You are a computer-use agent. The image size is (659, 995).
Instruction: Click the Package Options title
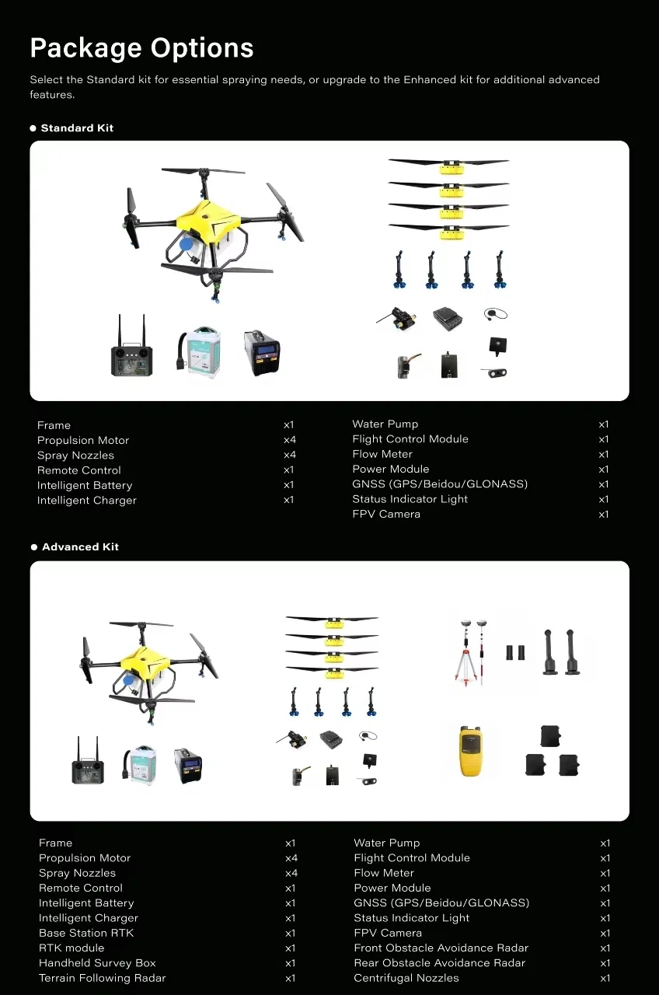[x=141, y=48]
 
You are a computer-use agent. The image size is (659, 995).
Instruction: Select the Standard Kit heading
[x=77, y=128]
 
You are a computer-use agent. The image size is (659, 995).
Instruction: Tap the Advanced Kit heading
[x=80, y=547]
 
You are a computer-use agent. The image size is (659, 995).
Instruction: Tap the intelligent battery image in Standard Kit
[x=200, y=352]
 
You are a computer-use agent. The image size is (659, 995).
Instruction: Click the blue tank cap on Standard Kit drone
[x=187, y=243]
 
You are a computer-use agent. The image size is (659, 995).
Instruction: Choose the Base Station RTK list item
[x=86, y=933]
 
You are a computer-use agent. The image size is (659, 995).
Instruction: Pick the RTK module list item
[x=71, y=948]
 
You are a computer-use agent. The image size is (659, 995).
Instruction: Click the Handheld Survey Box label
[x=97, y=963]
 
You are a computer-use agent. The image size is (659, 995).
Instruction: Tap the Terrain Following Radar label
[x=103, y=978]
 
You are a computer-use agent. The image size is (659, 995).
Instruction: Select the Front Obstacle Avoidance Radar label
[x=441, y=948]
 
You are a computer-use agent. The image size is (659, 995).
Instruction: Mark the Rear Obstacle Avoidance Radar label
[x=439, y=963]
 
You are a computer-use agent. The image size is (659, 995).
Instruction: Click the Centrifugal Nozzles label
[x=406, y=978]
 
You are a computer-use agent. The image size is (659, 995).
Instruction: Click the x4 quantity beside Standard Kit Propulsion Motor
[x=289, y=440]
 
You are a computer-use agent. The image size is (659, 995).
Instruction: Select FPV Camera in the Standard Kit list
[x=386, y=514]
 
